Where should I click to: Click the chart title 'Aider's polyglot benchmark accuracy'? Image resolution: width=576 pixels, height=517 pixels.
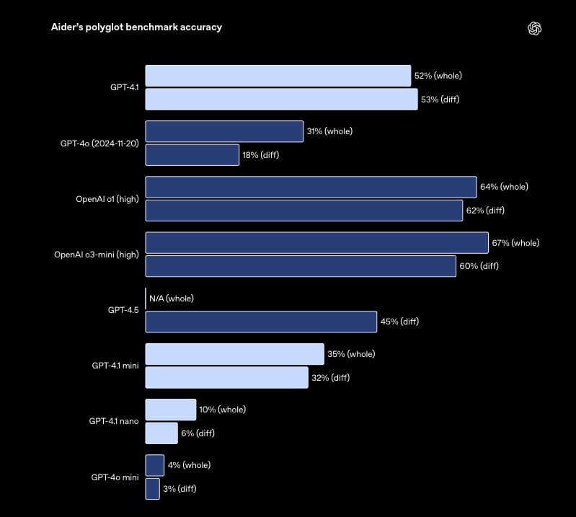(x=136, y=27)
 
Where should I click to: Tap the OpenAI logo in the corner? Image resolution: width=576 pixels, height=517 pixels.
(x=534, y=28)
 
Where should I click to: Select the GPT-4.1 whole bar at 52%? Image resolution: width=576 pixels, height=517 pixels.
(x=278, y=76)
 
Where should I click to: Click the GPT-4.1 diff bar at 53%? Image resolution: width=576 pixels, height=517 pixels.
(x=281, y=99)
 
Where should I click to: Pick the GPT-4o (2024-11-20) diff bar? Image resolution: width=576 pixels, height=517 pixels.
(x=192, y=154)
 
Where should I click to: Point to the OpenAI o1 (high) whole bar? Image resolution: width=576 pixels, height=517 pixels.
(x=311, y=187)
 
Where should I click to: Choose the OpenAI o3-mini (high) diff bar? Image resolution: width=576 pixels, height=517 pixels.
(x=301, y=266)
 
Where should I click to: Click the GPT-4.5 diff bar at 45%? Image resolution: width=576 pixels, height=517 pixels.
(x=261, y=322)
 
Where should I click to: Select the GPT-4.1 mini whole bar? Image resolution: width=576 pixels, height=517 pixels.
(x=234, y=354)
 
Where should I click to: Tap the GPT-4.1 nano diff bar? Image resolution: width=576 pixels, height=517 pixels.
(x=161, y=433)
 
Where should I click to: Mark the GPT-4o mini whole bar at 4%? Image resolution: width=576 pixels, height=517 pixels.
(x=154, y=465)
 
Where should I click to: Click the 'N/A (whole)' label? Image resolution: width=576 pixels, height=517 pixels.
(x=172, y=299)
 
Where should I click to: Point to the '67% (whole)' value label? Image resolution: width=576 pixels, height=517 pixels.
(x=515, y=243)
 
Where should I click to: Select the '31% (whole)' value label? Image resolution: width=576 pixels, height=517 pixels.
(x=329, y=131)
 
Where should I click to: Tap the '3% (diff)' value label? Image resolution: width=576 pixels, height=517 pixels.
(x=180, y=489)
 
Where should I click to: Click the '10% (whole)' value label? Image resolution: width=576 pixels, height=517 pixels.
(x=222, y=410)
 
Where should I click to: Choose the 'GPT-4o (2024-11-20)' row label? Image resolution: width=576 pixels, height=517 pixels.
(x=99, y=143)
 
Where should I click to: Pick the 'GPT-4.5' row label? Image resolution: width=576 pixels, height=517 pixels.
(x=123, y=309)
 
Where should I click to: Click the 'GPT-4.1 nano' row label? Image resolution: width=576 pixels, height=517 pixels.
(x=114, y=420)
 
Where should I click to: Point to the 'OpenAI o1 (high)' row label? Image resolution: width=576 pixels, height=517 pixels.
(x=107, y=198)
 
